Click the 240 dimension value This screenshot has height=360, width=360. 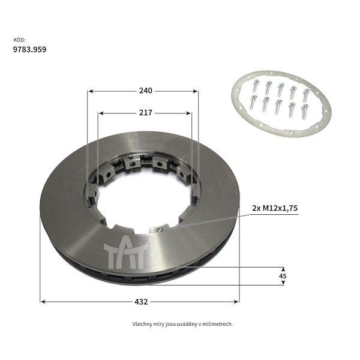click(146, 91)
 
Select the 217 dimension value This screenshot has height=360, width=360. click(146, 113)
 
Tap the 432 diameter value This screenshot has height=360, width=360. click(141, 302)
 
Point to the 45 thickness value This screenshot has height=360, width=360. click(283, 276)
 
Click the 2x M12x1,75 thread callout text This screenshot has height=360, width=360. click(275, 208)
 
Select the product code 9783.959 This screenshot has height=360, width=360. click(29, 49)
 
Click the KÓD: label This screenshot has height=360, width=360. click(19, 40)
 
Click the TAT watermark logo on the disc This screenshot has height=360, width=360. click(126, 253)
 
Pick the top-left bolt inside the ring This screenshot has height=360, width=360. click(256, 86)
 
